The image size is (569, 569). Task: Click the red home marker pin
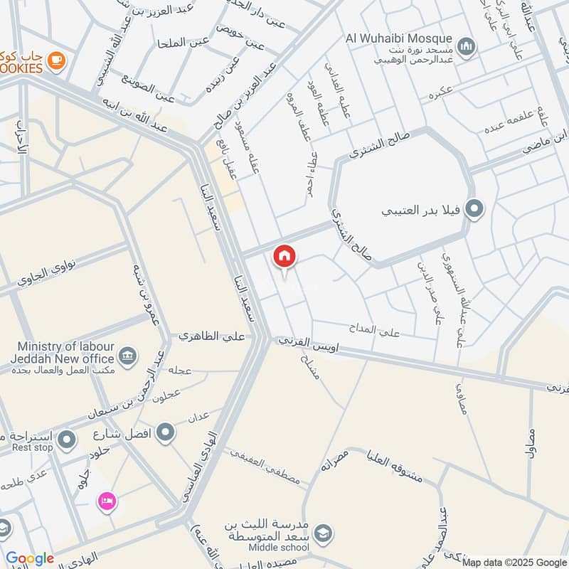click(x=284, y=255)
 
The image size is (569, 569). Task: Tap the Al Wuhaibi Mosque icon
click(x=466, y=47)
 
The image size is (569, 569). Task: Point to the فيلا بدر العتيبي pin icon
click(x=472, y=210)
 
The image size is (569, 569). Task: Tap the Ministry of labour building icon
click(x=127, y=355)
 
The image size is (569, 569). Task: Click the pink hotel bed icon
click(x=107, y=501)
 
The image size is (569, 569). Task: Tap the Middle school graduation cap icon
click(x=323, y=532)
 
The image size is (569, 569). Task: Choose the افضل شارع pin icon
click(x=166, y=431)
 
